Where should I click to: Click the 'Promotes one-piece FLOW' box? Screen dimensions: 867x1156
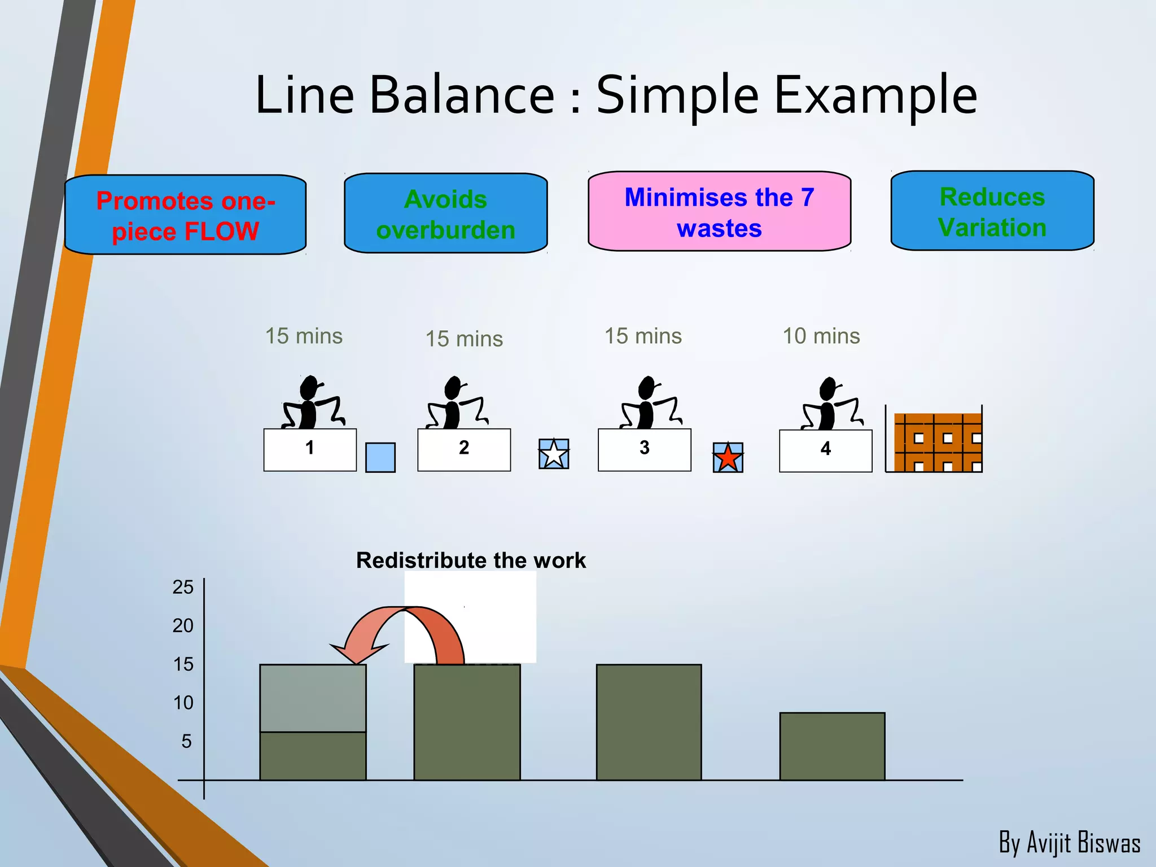(185, 215)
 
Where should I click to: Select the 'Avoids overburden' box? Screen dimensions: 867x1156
(445, 213)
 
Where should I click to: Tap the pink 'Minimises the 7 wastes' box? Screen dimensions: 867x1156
(719, 212)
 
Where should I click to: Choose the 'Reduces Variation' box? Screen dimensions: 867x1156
(992, 211)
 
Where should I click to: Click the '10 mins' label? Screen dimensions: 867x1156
(821, 336)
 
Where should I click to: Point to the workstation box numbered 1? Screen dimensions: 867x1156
(310, 450)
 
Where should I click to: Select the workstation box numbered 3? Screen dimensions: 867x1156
(644, 450)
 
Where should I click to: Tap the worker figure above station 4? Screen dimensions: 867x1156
(830, 405)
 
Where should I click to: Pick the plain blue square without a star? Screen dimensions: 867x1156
(380, 457)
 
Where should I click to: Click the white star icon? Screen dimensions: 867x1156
(553, 454)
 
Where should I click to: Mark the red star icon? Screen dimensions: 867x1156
(728, 457)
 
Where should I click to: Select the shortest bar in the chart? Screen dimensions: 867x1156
(832, 746)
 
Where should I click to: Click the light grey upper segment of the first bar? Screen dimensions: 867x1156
(313, 698)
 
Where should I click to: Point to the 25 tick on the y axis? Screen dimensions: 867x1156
(183, 588)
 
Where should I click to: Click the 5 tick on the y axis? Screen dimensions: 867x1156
(186, 741)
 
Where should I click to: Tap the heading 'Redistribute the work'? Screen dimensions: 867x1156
(471, 561)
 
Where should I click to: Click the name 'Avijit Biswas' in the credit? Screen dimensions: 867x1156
(1083, 843)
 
